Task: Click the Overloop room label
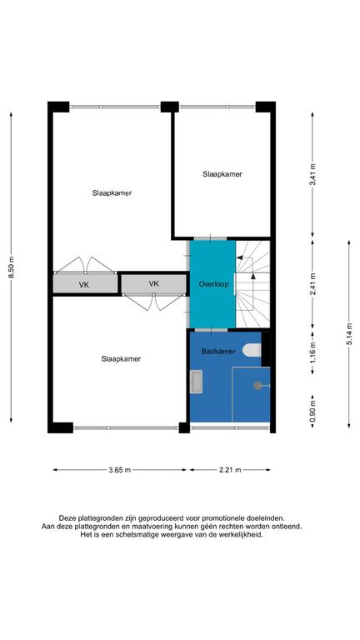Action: click(213, 284)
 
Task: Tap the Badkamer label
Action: click(218, 351)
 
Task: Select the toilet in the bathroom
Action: click(252, 350)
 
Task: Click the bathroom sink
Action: click(197, 382)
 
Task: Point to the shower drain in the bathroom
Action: click(258, 385)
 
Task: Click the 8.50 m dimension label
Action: click(11, 267)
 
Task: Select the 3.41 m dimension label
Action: click(312, 175)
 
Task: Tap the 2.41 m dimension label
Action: click(312, 283)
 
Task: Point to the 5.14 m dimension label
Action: click(349, 334)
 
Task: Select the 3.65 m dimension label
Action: click(120, 470)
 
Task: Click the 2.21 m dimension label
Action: click(230, 470)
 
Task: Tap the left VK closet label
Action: click(83, 285)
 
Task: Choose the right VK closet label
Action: click(153, 283)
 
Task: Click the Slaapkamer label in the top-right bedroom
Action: click(222, 174)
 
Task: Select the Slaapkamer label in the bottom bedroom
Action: click(121, 359)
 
